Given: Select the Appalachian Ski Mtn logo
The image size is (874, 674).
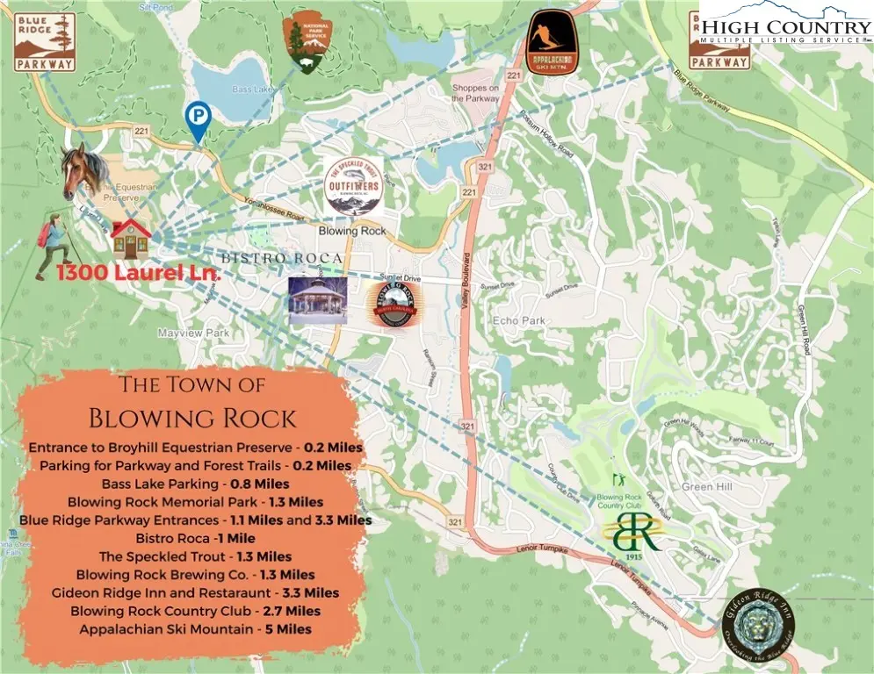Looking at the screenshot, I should click(551, 41).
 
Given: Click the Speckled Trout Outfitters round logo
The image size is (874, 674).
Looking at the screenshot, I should click(353, 187).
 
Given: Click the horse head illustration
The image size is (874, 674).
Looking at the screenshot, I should click(78, 171).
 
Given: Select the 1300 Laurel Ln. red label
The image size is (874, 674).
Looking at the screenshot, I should click(137, 273).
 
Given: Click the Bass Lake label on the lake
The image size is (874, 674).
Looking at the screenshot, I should click(224, 89).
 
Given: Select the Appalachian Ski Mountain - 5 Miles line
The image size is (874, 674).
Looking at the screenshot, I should click(195, 628).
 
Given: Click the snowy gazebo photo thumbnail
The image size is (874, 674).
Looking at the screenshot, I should click(323, 301).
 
